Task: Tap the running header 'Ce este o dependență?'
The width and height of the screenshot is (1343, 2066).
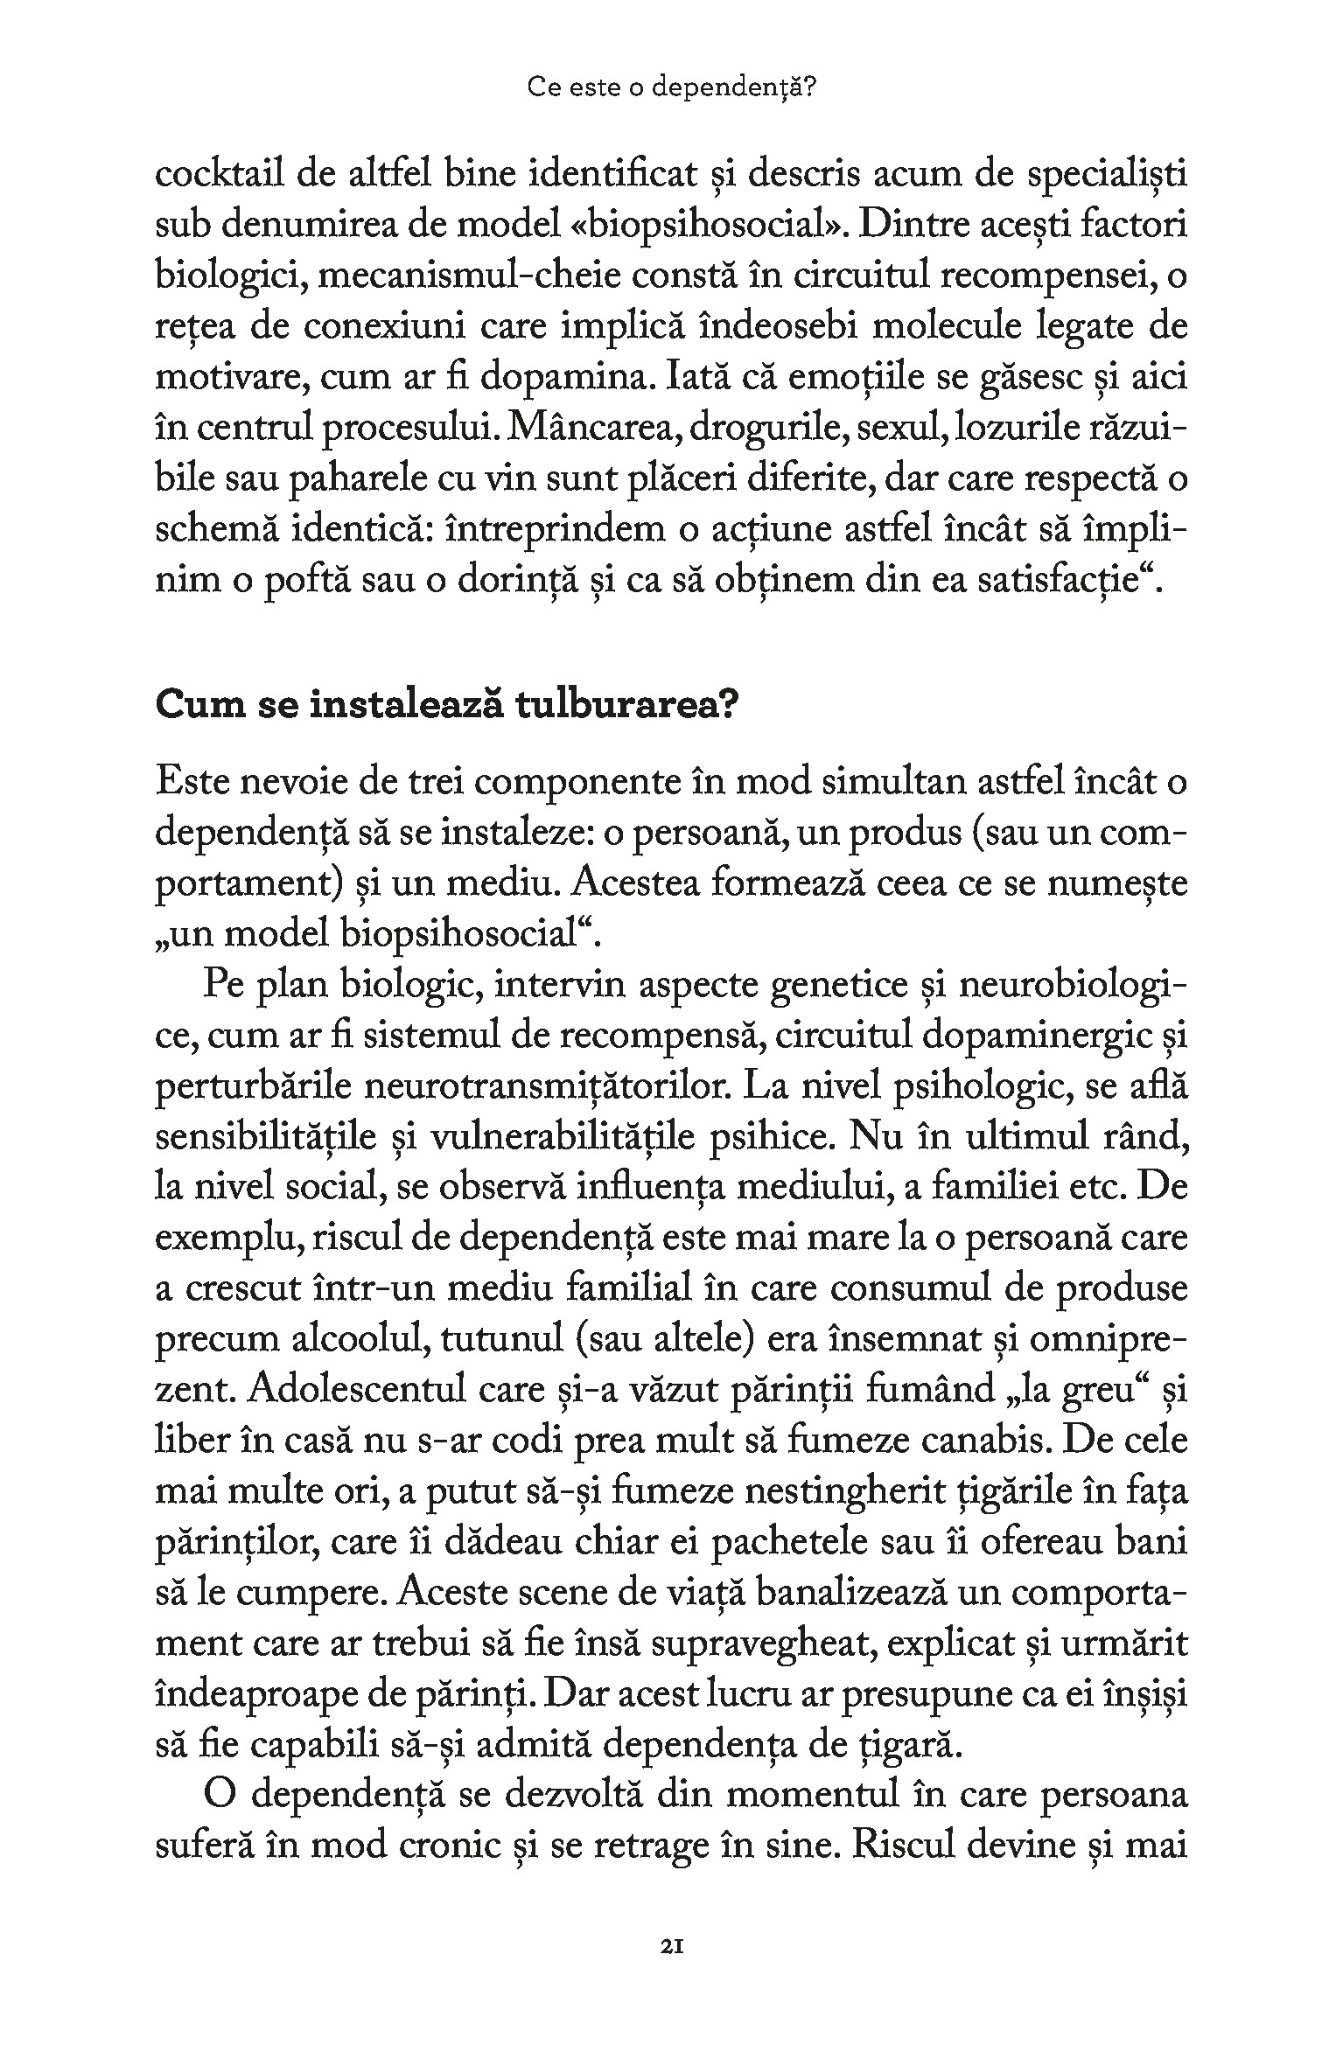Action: coord(671,87)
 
